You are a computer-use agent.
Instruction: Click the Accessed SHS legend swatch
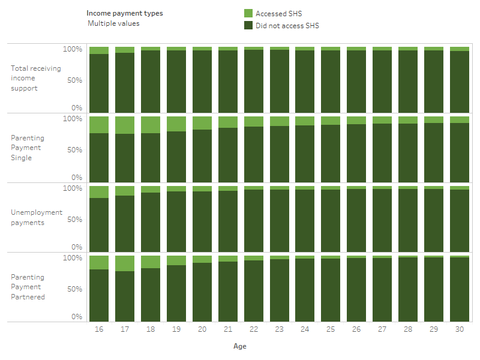[x=248, y=13]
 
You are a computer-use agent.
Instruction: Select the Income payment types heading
[x=124, y=13]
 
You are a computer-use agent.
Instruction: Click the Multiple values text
[x=113, y=23]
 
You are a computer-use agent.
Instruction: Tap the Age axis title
[x=239, y=346]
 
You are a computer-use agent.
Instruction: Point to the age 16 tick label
[x=98, y=329]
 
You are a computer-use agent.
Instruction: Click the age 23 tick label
[x=279, y=329]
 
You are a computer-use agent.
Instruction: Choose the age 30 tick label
[x=459, y=329]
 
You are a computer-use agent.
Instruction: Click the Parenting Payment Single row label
[x=27, y=148]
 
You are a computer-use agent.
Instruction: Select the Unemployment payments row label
[x=36, y=217]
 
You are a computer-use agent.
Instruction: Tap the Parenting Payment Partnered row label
[x=28, y=287]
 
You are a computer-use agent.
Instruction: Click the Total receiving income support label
[x=35, y=78]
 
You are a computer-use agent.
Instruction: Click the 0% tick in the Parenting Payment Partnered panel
[x=76, y=316]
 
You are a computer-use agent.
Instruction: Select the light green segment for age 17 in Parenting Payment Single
[x=124, y=125]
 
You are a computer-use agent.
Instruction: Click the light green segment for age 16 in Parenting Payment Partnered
[x=98, y=262]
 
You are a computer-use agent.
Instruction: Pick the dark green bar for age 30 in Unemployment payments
[x=459, y=220]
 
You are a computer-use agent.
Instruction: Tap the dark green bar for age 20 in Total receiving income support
[x=202, y=81]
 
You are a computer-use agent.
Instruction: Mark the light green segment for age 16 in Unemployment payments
[x=98, y=192]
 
